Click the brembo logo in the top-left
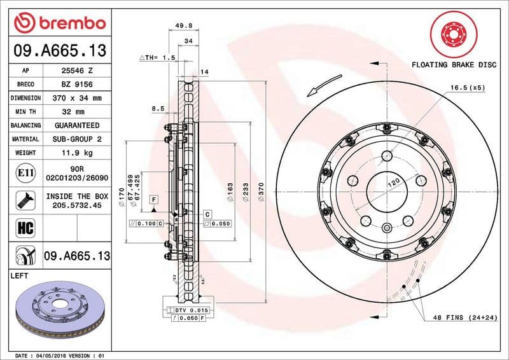[59, 24]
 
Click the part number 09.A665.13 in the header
[59, 50]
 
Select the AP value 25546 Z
[76, 71]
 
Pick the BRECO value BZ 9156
[76, 84]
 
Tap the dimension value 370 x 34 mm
[76, 98]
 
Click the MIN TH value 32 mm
[76, 112]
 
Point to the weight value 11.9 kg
[76, 153]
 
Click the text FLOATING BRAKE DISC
[454, 65]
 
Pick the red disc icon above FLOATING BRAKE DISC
[454, 33]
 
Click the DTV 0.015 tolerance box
[191, 310]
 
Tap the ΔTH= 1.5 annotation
[157, 58]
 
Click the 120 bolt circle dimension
[395, 183]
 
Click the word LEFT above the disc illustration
[20, 276]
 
